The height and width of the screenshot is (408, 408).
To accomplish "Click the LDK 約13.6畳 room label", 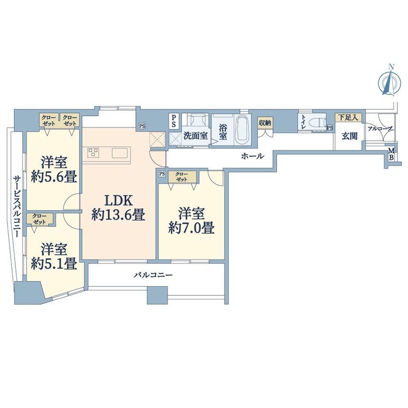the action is [x=118, y=208].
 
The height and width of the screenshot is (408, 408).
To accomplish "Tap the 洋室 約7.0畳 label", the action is [x=192, y=221].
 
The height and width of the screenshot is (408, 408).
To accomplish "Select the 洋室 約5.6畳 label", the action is [x=54, y=170].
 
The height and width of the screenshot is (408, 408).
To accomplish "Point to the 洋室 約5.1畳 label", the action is [x=54, y=256].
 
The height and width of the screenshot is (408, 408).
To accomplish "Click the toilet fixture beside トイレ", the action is [x=319, y=122].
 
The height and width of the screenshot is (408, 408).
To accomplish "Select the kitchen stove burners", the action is [x=93, y=153].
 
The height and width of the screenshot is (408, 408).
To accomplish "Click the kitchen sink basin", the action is [x=120, y=153].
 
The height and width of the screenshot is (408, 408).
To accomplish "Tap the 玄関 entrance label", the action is [x=349, y=136].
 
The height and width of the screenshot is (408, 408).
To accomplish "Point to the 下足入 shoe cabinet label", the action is [x=348, y=118].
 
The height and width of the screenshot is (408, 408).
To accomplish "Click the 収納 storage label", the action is [x=265, y=123].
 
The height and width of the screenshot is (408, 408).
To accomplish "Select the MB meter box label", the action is [x=391, y=154].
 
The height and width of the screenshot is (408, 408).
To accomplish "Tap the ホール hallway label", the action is [x=253, y=156].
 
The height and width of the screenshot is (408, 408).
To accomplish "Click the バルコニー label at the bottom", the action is [x=153, y=275].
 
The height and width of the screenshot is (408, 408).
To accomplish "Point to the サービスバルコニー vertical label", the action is [x=17, y=206].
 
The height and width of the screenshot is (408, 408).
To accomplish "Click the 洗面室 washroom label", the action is [x=196, y=136].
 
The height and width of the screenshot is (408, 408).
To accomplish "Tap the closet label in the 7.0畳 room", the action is [x=182, y=177].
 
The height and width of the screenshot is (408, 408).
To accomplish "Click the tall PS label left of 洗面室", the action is [x=173, y=121].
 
